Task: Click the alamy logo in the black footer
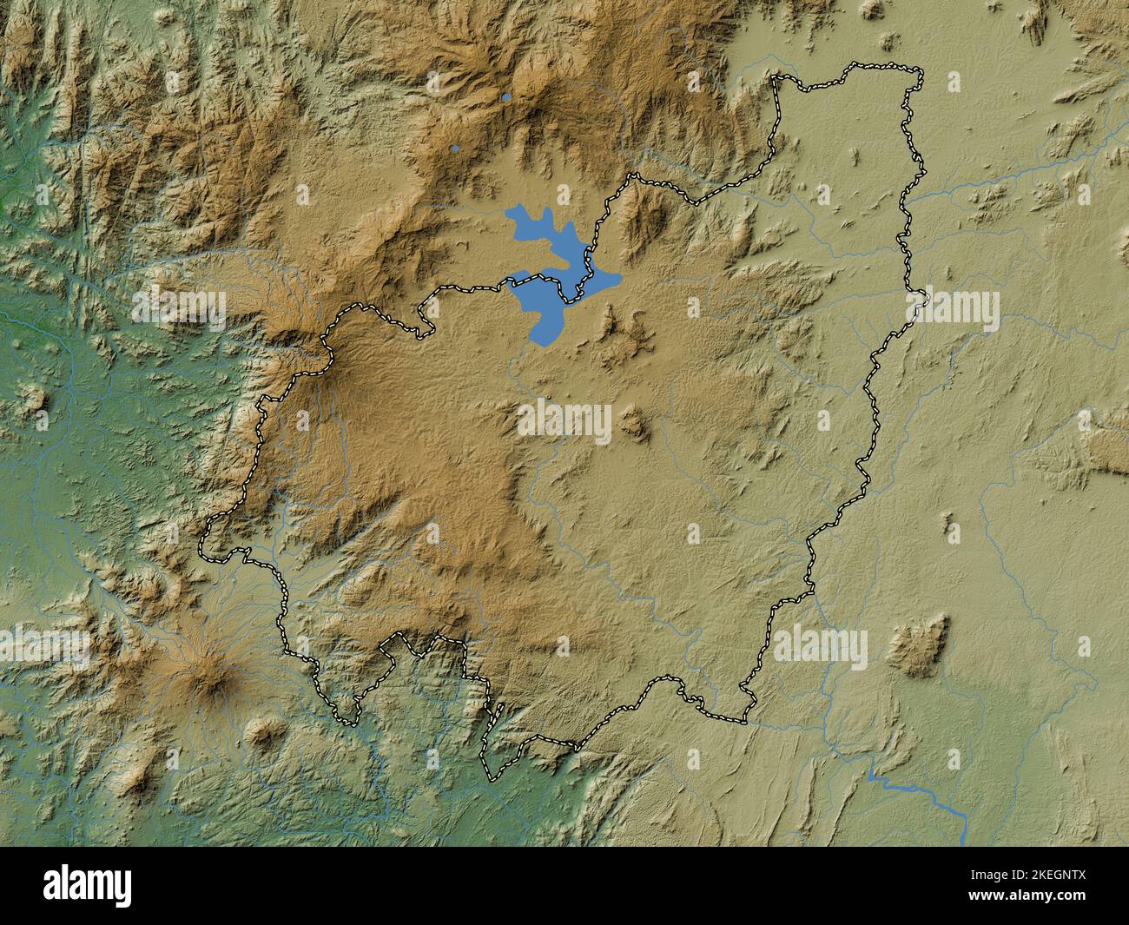point(89,887)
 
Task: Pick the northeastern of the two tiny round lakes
point(506,97)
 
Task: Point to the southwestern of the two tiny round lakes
point(455,149)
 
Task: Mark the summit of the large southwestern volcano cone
point(208,673)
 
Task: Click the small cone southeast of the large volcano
point(262,733)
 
